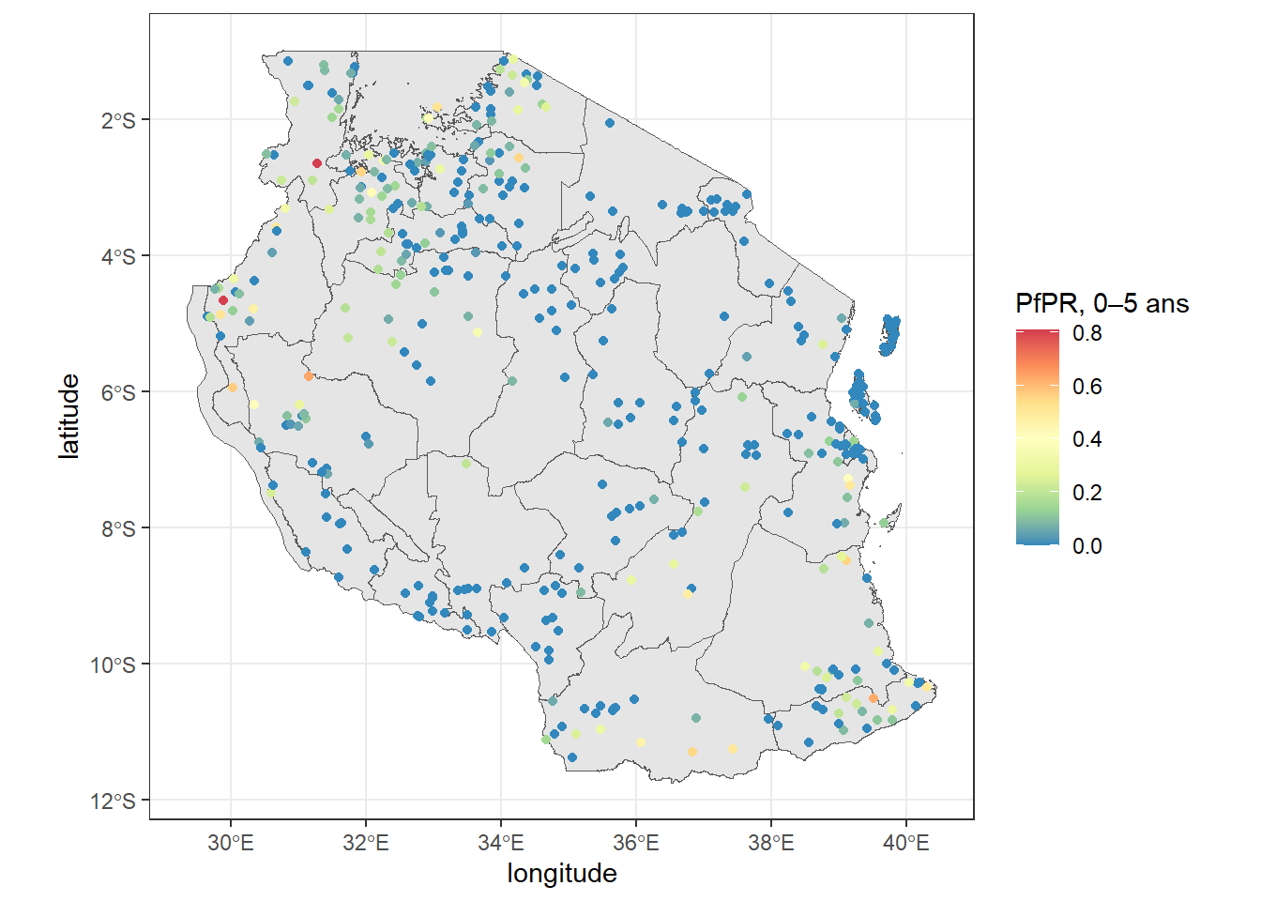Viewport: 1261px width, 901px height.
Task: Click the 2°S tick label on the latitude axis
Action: click(x=118, y=120)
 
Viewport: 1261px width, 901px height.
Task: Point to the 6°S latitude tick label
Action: click(x=118, y=392)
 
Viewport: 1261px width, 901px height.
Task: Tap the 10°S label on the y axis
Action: click(x=114, y=664)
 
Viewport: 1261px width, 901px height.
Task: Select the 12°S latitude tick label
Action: click(x=114, y=801)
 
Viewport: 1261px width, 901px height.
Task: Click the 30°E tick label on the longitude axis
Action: click(x=231, y=843)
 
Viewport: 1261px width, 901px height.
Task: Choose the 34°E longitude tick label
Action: click(x=501, y=843)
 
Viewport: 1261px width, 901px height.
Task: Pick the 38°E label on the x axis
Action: click(x=771, y=843)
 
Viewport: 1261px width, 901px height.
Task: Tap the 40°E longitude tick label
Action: click(x=906, y=843)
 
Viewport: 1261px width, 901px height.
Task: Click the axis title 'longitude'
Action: click(x=562, y=874)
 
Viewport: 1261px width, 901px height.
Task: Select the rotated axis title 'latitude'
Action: click(x=69, y=416)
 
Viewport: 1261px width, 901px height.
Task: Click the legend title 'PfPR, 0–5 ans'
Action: click(x=1101, y=304)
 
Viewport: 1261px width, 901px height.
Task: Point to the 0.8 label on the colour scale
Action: click(x=1087, y=333)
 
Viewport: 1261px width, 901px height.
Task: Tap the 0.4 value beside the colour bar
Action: click(x=1087, y=439)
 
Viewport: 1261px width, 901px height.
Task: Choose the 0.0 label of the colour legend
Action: click(x=1087, y=546)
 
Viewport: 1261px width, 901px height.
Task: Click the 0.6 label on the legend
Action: click(x=1087, y=387)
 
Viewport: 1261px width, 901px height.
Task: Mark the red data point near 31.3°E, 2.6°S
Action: click(x=317, y=163)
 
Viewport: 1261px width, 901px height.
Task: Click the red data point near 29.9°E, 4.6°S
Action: click(x=223, y=300)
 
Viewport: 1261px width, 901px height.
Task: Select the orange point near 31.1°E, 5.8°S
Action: click(x=308, y=376)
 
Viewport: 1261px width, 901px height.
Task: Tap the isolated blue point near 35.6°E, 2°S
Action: click(x=610, y=122)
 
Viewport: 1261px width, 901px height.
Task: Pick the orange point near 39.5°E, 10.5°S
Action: click(x=874, y=698)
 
